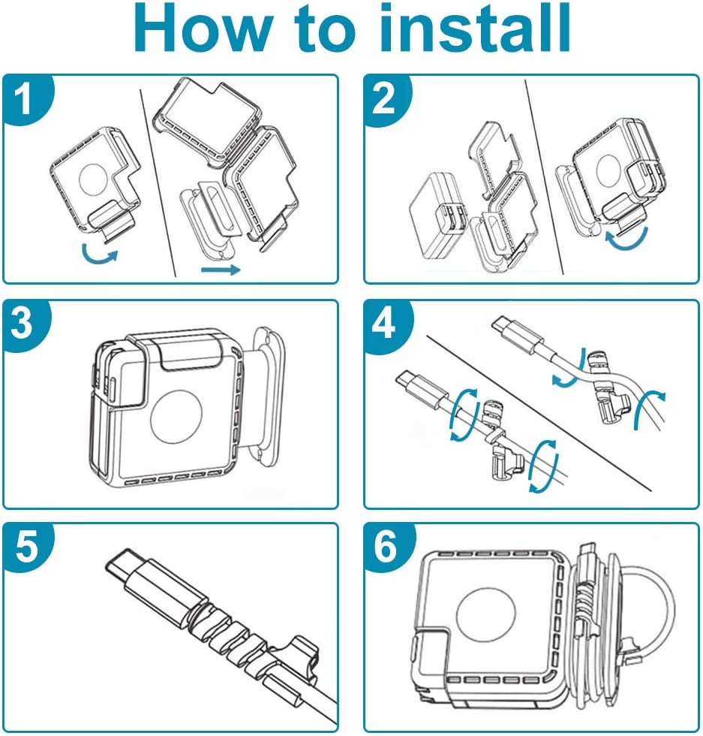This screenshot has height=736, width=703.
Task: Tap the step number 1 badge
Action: click(x=26, y=101)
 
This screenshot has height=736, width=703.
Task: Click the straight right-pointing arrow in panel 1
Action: click(x=221, y=268)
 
